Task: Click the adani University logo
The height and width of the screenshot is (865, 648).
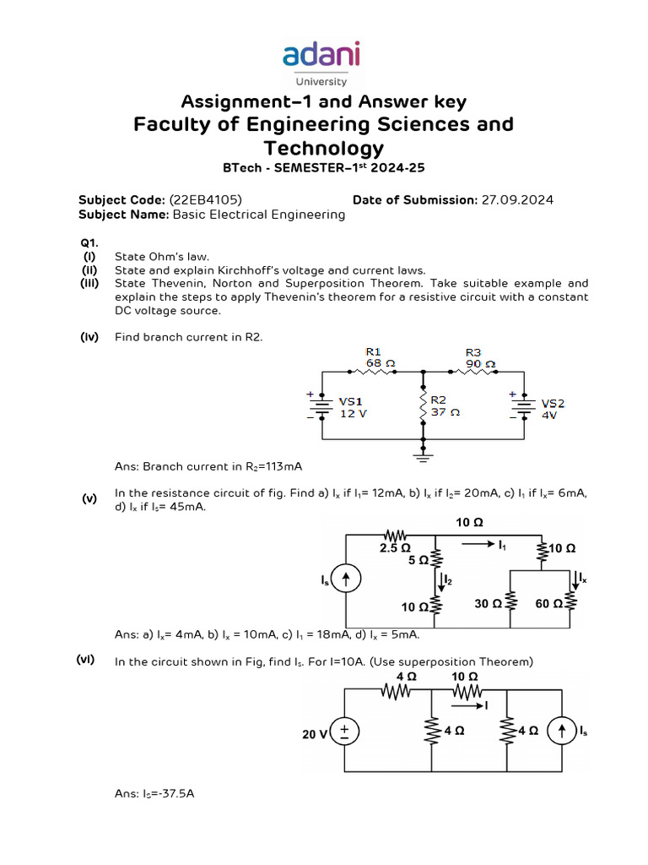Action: pos(321,62)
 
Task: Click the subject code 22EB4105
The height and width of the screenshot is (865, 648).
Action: pos(205,199)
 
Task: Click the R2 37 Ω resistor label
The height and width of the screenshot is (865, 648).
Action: pos(444,406)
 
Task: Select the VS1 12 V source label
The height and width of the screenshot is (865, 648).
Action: pos(352,408)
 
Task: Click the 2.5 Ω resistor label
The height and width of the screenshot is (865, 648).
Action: pos(394,548)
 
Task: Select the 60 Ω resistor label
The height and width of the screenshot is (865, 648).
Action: pos(549,604)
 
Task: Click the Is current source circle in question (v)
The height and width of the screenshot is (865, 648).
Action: pos(346,579)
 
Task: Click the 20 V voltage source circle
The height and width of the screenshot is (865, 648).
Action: pos(346,732)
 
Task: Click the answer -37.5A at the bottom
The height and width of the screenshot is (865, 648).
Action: pos(172,794)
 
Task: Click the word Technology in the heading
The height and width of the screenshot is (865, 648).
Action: pos(324,149)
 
